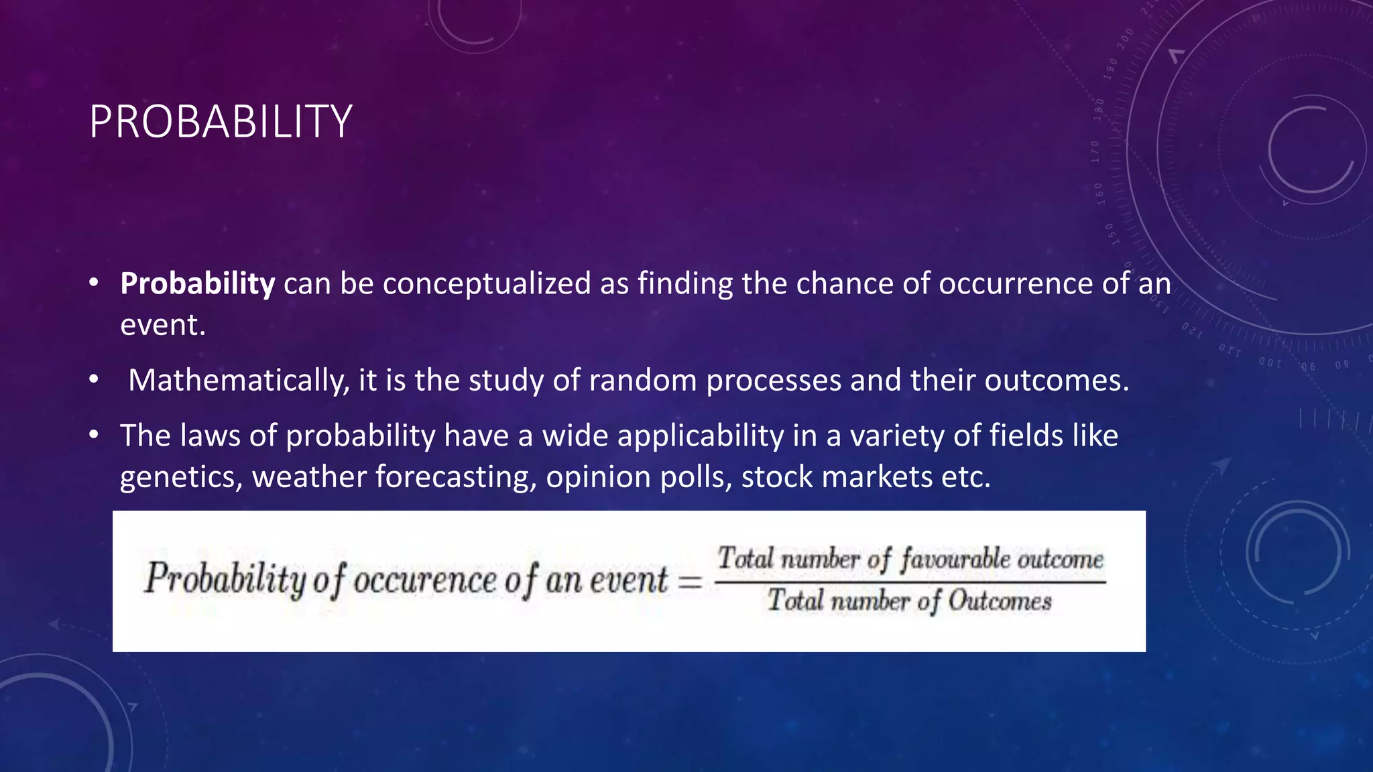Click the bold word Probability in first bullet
(x=197, y=283)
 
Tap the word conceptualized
(x=487, y=283)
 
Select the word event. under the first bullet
(x=162, y=326)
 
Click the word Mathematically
(x=239, y=381)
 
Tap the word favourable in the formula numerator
(x=955, y=559)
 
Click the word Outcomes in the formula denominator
(x=1000, y=601)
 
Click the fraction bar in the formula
(x=909, y=582)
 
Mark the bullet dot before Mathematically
(x=94, y=381)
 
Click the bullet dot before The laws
(x=94, y=436)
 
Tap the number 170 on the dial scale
(x=1095, y=152)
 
